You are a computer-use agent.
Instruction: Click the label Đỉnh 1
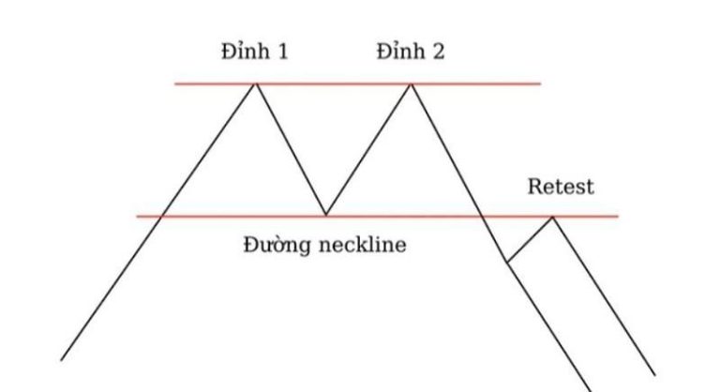tap(254, 52)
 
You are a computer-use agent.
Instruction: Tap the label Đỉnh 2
tap(411, 52)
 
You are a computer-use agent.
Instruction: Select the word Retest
tap(561, 187)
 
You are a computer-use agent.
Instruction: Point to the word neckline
tap(365, 246)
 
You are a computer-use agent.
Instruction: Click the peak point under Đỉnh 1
tap(255, 84)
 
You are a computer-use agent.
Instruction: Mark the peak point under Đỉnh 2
tap(411, 84)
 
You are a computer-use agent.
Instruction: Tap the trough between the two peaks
tap(325, 216)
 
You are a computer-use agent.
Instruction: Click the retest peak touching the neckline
tap(553, 217)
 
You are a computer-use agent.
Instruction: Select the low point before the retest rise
tap(507, 261)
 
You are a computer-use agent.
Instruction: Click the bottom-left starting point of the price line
tap(62, 360)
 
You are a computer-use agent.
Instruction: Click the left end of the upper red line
tap(175, 84)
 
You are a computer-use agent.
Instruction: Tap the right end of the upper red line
tap(541, 84)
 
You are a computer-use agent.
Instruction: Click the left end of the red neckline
tap(137, 217)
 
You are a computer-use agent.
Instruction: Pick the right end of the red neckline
tap(619, 217)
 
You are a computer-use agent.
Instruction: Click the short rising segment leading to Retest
tap(530, 239)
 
